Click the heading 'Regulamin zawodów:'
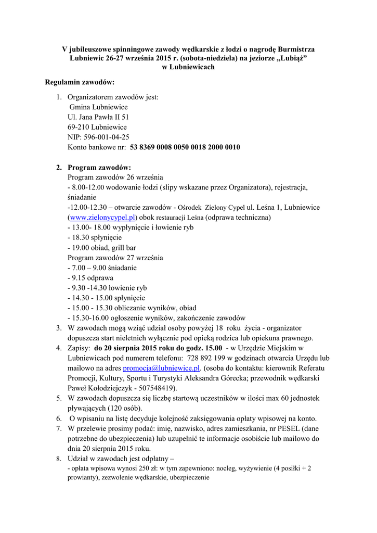pyautogui.click(x=80, y=82)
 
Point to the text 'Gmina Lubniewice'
pyautogui.click(x=98, y=107)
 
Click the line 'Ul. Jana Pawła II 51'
pyautogui.click(x=98, y=118)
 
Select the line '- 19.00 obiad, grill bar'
pyautogui.click(x=102, y=248)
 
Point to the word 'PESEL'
pyautogui.click(x=282, y=428)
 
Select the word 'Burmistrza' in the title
pyautogui.click(x=297, y=49)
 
